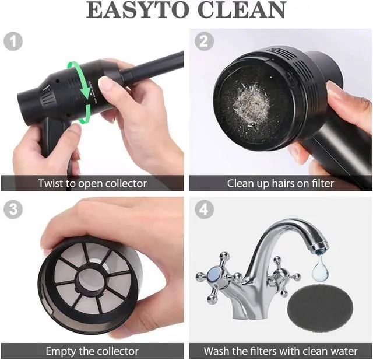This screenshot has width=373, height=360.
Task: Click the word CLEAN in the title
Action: click(x=242, y=10)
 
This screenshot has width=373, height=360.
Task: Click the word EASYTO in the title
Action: click(x=138, y=10)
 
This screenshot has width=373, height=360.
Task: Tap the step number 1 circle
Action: click(x=13, y=41)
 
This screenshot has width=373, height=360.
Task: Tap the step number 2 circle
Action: click(x=204, y=41)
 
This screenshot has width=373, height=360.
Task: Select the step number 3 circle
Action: click(x=13, y=209)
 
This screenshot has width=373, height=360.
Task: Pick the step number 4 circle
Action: click(x=204, y=209)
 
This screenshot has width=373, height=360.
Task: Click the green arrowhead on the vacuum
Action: click(x=86, y=95)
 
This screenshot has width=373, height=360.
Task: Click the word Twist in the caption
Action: click(x=51, y=183)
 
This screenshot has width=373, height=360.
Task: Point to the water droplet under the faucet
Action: click(x=320, y=267)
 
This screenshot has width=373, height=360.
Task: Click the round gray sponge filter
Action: click(x=321, y=308)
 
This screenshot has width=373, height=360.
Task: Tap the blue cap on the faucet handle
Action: click(x=214, y=274)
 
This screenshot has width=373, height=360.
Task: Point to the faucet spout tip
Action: click(x=319, y=247)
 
